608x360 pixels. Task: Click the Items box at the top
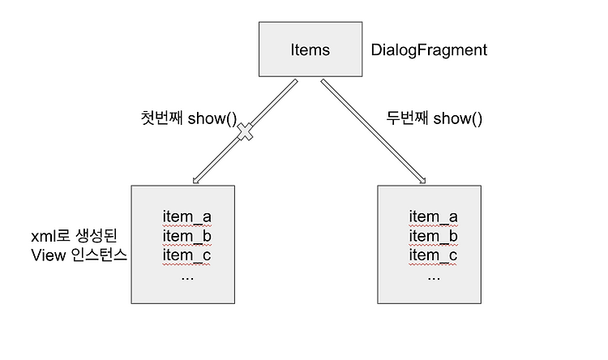pyautogui.click(x=309, y=50)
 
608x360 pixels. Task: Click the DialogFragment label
pyautogui.click(x=429, y=50)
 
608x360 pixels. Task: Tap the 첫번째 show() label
pyautogui.click(x=188, y=120)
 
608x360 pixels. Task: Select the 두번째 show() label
pyautogui.click(x=435, y=119)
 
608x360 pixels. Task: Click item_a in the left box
pyautogui.click(x=186, y=216)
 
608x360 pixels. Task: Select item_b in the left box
pyautogui.click(x=186, y=236)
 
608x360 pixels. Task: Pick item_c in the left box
pyautogui.click(x=186, y=256)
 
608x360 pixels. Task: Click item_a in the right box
pyautogui.click(x=433, y=216)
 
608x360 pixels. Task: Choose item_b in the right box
pyautogui.click(x=433, y=236)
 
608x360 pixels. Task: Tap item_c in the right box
pyautogui.click(x=433, y=256)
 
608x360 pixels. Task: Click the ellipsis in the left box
pyautogui.click(x=186, y=275)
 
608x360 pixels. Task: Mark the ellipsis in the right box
pyautogui.click(x=433, y=275)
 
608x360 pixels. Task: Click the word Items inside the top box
pyautogui.click(x=309, y=50)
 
